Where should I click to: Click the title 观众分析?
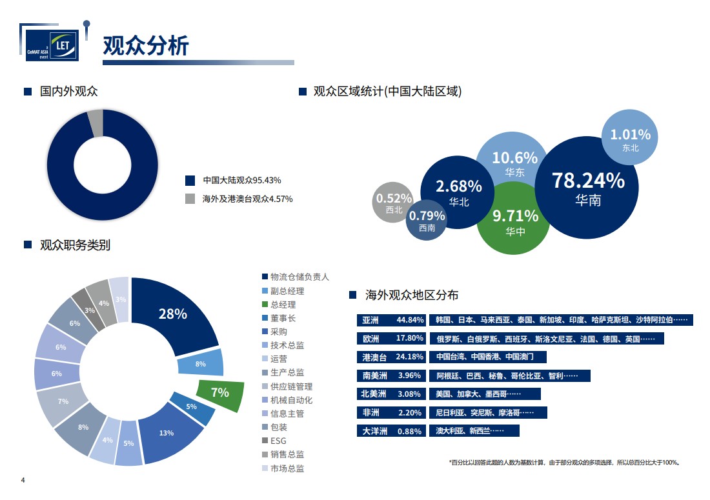pyautogui.click(x=146, y=46)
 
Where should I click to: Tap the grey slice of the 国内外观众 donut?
pyautogui.click(x=95, y=123)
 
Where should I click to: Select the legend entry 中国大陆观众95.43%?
pyautogui.click(x=241, y=180)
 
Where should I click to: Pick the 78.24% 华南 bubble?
pyautogui.click(x=588, y=187)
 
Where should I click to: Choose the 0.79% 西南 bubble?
pyautogui.click(x=427, y=221)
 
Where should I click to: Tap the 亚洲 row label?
pyautogui.click(x=371, y=320)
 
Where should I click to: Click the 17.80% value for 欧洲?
pyautogui.click(x=410, y=339)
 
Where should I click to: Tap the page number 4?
pyautogui.click(x=23, y=481)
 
